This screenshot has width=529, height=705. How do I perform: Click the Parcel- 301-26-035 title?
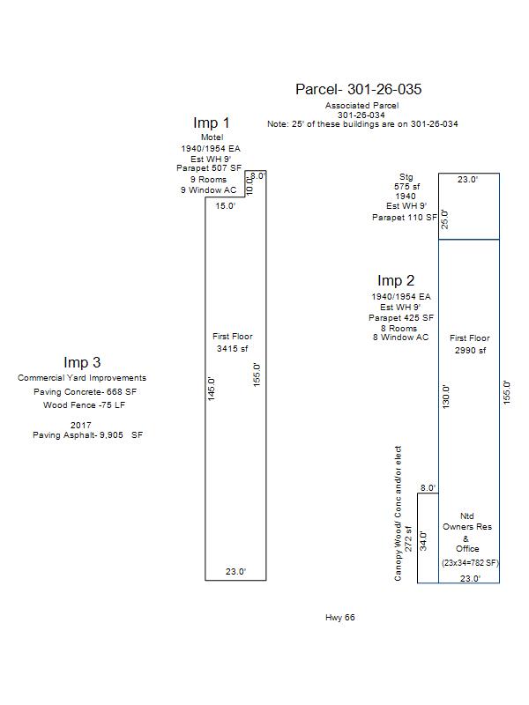(x=358, y=89)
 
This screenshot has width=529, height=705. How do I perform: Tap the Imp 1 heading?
(x=212, y=123)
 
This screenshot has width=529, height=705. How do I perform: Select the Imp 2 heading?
(x=396, y=281)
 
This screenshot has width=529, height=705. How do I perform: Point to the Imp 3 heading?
(x=82, y=362)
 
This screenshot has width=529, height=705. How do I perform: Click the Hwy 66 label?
(x=340, y=618)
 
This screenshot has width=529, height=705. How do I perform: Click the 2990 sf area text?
(x=469, y=351)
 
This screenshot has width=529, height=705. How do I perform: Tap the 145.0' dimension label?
(x=212, y=388)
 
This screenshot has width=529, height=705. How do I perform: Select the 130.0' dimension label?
(x=446, y=397)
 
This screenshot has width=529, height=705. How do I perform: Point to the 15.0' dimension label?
(x=227, y=206)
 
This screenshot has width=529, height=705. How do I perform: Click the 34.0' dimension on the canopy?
(x=424, y=539)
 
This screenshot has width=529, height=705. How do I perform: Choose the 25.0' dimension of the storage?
(x=445, y=219)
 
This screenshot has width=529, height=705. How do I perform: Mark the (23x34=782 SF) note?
(x=470, y=562)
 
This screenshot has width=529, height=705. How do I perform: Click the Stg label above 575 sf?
(x=406, y=177)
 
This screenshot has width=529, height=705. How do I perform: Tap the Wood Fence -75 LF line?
(x=82, y=405)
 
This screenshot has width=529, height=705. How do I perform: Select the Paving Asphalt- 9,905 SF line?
(x=87, y=435)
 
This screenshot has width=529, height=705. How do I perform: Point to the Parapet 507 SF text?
(x=212, y=168)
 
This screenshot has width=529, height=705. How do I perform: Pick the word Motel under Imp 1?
(x=212, y=137)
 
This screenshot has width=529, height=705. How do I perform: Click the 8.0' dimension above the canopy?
(x=428, y=488)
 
